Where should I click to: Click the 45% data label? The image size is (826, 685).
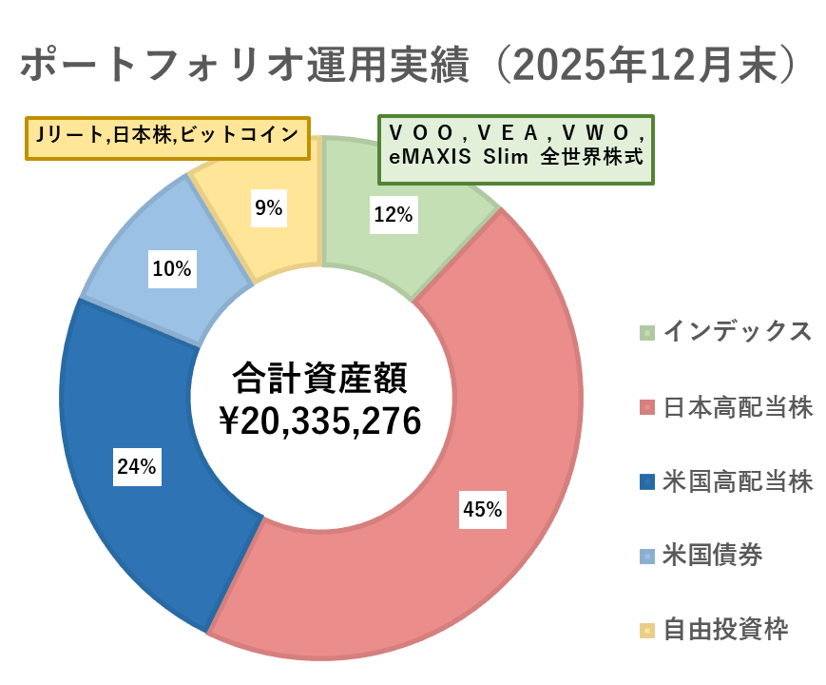coord(482,510)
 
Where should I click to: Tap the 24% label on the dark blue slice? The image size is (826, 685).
coord(137,466)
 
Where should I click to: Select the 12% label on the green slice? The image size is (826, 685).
coord(393,215)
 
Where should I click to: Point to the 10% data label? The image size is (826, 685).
coord(172,269)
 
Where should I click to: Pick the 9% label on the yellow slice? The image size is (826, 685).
coord(268,208)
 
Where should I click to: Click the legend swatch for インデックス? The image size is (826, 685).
coord(646,333)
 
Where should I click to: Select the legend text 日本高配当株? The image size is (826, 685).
coord(738,407)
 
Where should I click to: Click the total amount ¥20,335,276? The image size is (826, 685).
coord(319,421)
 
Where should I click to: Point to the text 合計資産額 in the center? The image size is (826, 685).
coord(319,378)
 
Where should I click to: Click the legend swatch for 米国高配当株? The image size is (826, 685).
coord(646,481)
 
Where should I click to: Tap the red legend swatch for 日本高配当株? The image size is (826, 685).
coord(646,407)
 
